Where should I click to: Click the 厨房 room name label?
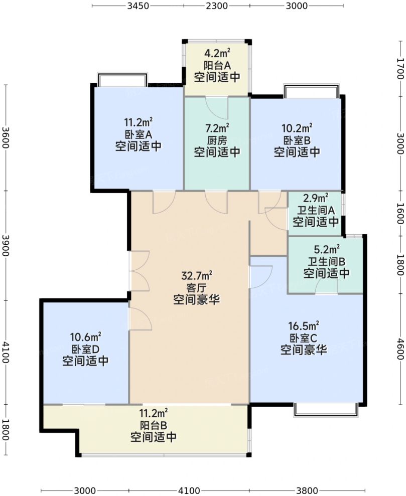point(217,140)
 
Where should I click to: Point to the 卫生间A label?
point(316,210)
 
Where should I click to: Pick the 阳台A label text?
point(217,65)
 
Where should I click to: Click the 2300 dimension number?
point(216,7)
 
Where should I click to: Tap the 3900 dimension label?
point(6,245)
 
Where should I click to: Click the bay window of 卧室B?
point(317,91)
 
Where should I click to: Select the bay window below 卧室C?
point(326,409)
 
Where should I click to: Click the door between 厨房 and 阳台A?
point(217,104)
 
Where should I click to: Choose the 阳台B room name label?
point(153,425)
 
